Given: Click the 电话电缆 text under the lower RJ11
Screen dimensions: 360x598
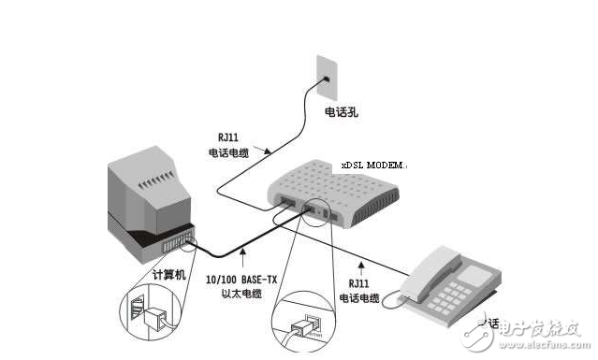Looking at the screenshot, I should click(358, 298).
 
